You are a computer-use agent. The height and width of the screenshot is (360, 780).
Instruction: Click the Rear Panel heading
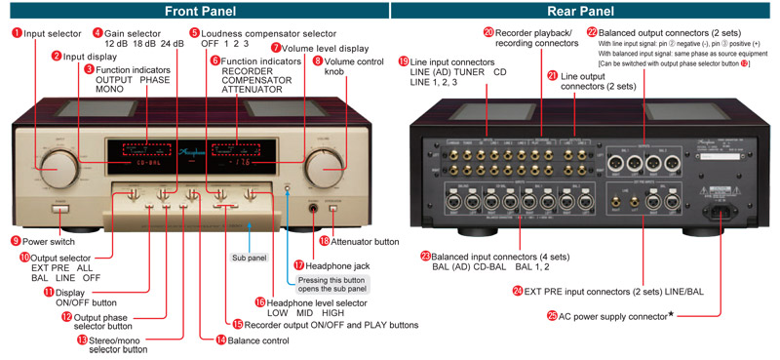pos(586,11)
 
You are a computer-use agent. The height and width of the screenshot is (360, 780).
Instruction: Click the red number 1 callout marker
pos(17,32)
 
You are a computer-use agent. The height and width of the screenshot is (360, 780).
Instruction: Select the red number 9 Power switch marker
pos(16,240)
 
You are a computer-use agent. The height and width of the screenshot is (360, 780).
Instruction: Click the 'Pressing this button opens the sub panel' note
pos(331,284)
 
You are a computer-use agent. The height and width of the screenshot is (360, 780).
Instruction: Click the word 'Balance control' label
pos(258,340)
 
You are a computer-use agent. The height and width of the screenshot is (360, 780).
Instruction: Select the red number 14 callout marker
pos(220,340)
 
